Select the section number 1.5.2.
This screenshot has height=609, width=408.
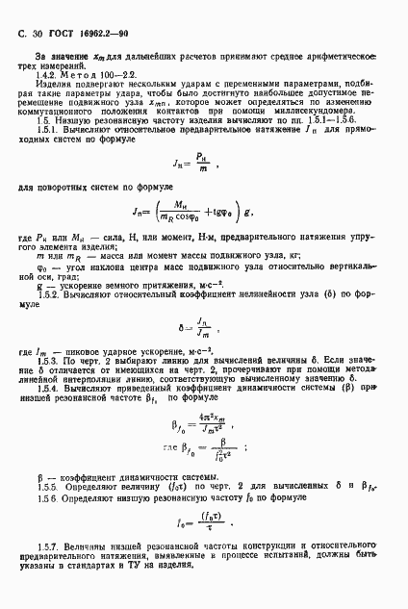tap(45, 318)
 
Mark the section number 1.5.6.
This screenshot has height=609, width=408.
tap(45, 527)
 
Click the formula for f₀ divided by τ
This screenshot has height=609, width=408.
tap(204, 551)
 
